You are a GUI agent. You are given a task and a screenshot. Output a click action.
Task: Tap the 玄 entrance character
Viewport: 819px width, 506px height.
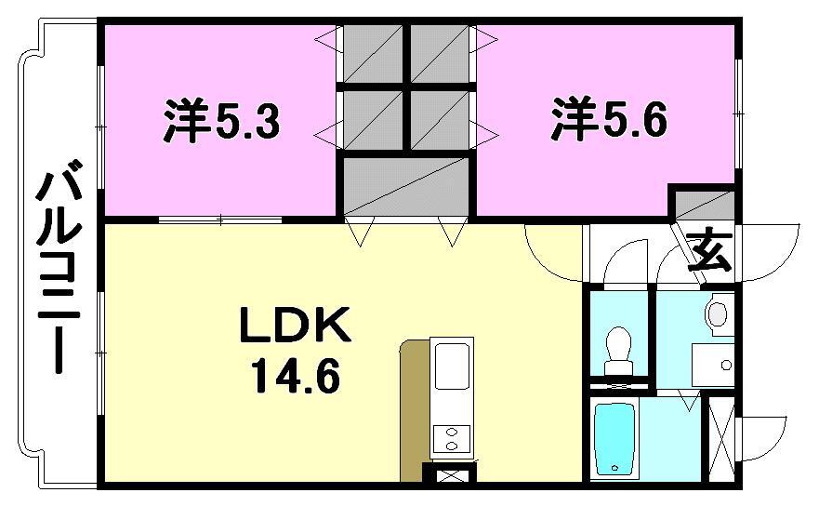pos(708,249)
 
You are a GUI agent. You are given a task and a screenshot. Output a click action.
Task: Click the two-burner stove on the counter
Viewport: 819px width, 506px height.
pos(451,437)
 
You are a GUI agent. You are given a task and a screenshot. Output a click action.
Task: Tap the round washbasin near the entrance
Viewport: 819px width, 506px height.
pos(719,314)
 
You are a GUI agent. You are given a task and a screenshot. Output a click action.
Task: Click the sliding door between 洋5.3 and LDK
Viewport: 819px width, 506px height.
pos(220,220)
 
